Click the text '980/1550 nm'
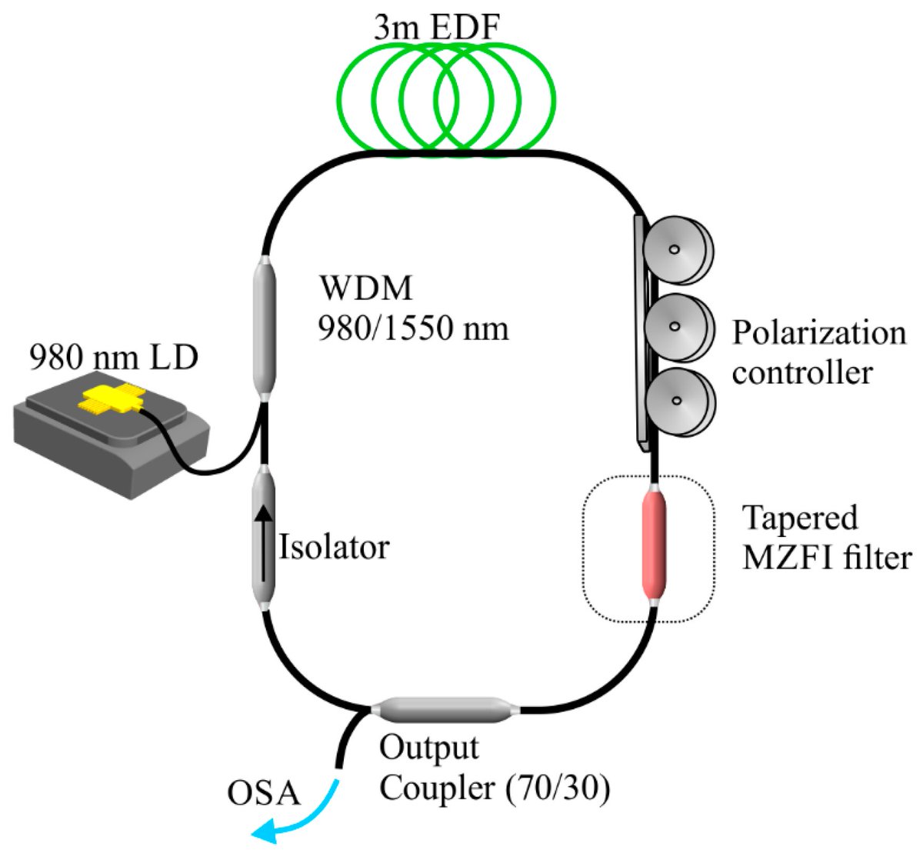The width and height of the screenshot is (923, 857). tap(414, 328)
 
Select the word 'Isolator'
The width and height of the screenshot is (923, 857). tap(334, 548)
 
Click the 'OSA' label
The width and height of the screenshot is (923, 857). tap(263, 793)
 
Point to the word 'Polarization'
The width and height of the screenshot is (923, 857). tap(818, 334)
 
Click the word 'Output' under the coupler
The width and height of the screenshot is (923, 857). tap(429, 748)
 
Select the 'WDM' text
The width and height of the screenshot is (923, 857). tap(366, 289)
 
